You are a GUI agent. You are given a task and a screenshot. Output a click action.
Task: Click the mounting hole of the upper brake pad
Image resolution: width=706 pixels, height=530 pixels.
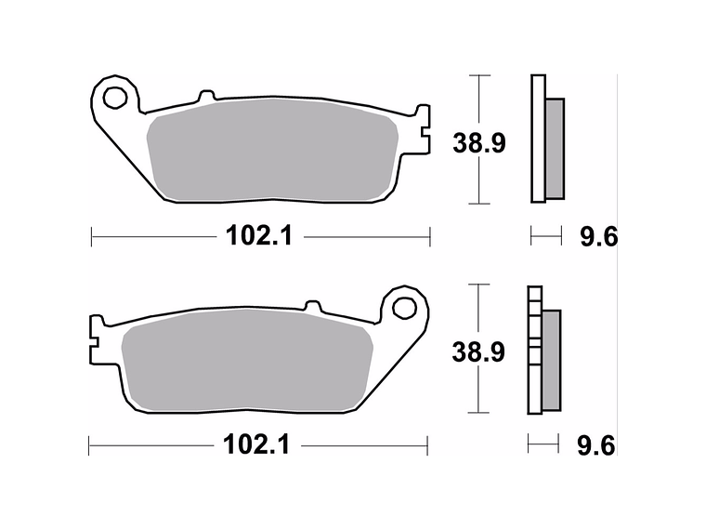[115, 97]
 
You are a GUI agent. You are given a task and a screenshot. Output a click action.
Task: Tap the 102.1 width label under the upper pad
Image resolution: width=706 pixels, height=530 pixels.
[259, 236]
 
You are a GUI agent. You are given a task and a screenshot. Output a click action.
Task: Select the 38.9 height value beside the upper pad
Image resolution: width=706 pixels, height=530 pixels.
[478, 143]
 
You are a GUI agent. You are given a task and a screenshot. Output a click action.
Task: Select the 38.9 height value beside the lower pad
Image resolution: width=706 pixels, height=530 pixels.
[478, 352]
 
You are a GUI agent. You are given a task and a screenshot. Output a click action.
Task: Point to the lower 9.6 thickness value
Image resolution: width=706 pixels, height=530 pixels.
[597, 446]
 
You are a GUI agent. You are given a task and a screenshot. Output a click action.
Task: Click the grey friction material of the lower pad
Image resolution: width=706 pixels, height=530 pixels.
[246, 363]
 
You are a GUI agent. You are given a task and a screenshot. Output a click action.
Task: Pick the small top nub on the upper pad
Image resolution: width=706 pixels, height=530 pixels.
[206, 95]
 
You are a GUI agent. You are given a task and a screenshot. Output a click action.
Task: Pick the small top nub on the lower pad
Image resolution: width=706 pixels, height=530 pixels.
[313, 304]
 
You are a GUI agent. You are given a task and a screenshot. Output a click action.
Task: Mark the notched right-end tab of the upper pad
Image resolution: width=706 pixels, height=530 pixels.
[425, 129]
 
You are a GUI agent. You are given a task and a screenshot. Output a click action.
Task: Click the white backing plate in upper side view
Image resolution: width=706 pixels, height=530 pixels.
[536, 139]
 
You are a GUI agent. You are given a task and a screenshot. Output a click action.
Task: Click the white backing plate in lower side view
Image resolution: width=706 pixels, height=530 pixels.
[533, 381]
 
